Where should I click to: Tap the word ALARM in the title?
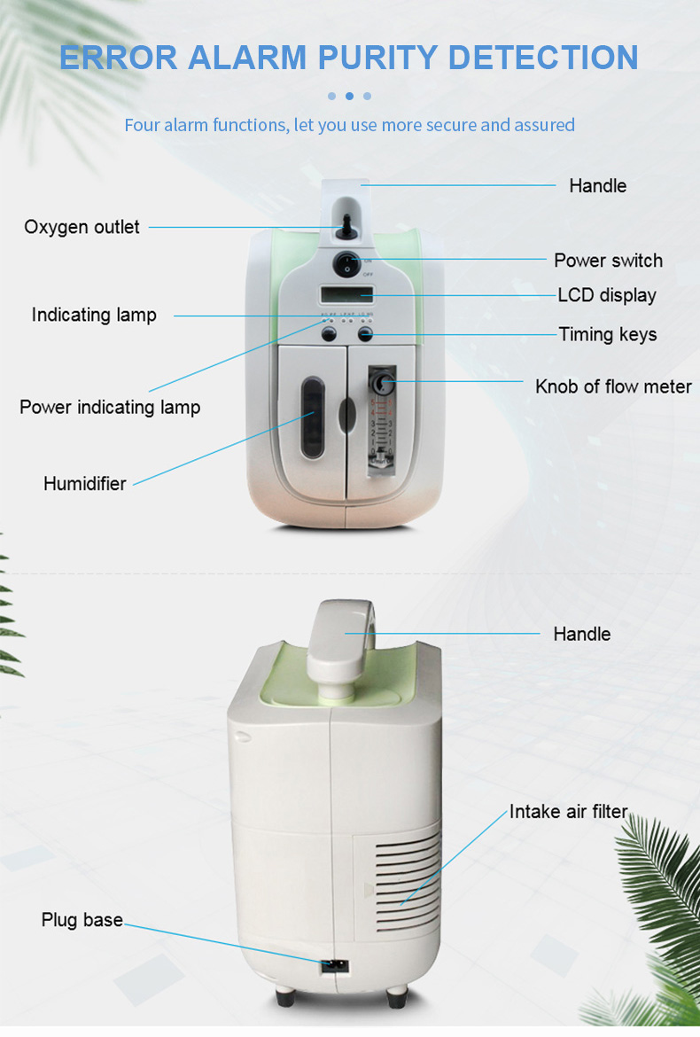(247, 58)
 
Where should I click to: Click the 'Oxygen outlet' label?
(82, 227)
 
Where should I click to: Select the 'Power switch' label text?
(608, 260)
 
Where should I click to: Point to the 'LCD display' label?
(606, 294)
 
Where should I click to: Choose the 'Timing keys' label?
(607, 334)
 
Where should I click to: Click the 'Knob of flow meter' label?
(613, 386)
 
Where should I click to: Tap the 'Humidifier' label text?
(85, 483)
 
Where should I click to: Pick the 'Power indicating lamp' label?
(110, 407)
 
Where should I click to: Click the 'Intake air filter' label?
(568, 811)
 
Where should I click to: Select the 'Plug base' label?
(82, 920)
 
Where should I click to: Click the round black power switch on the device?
(346, 263)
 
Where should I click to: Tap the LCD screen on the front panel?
(346, 294)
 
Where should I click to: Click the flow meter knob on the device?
(381, 384)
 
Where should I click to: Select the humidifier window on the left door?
(311, 417)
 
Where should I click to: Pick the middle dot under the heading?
(349, 96)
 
